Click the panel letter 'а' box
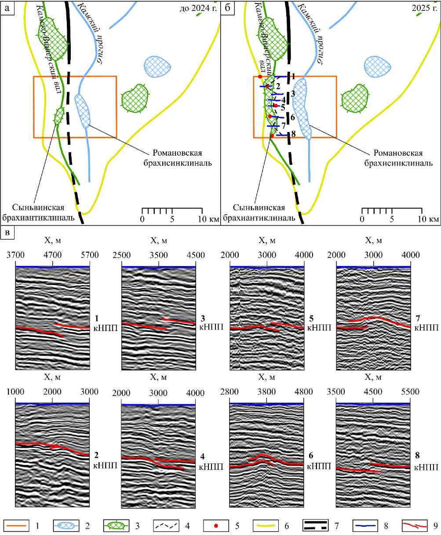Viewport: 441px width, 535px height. [7, 8]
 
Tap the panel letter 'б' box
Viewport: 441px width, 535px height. [227, 8]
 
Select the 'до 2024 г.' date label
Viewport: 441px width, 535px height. [198, 8]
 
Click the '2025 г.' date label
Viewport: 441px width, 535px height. [424, 8]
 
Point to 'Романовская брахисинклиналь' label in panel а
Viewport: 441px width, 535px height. [178, 158]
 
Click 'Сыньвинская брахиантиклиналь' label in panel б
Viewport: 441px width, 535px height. [259, 213]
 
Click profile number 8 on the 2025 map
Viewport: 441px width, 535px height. [294, 133]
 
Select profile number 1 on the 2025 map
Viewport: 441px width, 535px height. [294, 76]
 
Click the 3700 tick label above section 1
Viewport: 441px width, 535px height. [16, 255]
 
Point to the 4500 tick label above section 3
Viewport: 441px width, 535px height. [195, 255]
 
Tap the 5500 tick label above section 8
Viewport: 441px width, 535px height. [410, 392]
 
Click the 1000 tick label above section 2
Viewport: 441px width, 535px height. [15, 392]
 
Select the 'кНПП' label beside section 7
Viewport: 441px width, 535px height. [426, 328]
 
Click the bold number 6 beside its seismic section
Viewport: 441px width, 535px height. [311, 455]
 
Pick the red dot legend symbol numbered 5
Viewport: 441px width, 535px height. [215, 526]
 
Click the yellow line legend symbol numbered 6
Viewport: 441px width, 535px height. [265, 526]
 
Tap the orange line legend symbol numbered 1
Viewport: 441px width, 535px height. [16, 526]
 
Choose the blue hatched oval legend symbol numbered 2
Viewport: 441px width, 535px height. [66, 526]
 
